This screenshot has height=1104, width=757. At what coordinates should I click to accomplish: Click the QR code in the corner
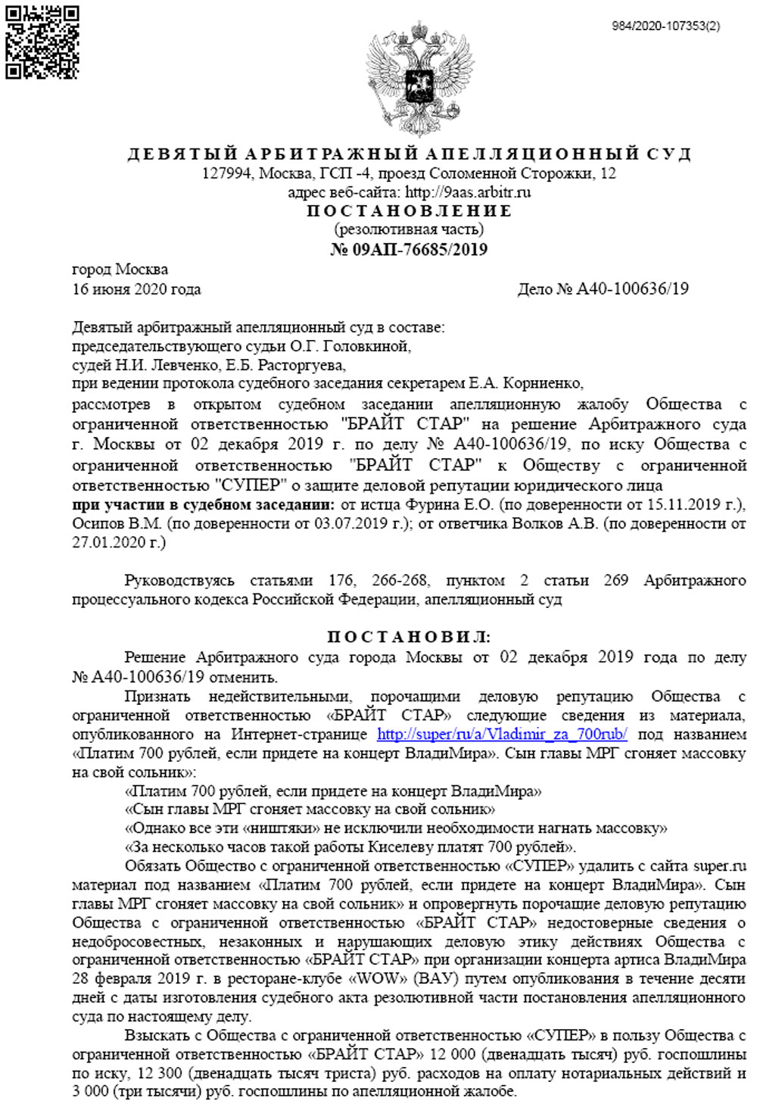[42, 42]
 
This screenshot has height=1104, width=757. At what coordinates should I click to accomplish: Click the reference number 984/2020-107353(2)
[665, 26]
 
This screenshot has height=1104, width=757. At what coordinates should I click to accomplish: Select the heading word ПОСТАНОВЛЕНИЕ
[409, 211]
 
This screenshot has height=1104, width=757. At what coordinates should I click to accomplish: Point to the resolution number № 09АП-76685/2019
[409, 249]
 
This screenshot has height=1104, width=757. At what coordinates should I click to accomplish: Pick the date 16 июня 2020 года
[136, 288]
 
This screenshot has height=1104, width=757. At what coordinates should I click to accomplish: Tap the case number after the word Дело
[633, 288]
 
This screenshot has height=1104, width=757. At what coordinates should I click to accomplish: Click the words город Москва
[120, 269]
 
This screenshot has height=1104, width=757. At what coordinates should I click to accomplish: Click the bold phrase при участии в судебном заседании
[203, 504]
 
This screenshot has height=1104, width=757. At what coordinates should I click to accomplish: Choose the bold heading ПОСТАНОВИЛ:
[409, 637]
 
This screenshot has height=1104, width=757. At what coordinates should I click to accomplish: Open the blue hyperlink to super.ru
[502, 734]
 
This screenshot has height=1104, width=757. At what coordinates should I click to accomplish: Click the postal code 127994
[226, 173]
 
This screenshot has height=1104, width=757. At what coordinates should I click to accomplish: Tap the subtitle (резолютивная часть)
[409, 229]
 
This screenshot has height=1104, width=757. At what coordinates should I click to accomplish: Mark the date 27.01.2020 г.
[118, 542]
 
